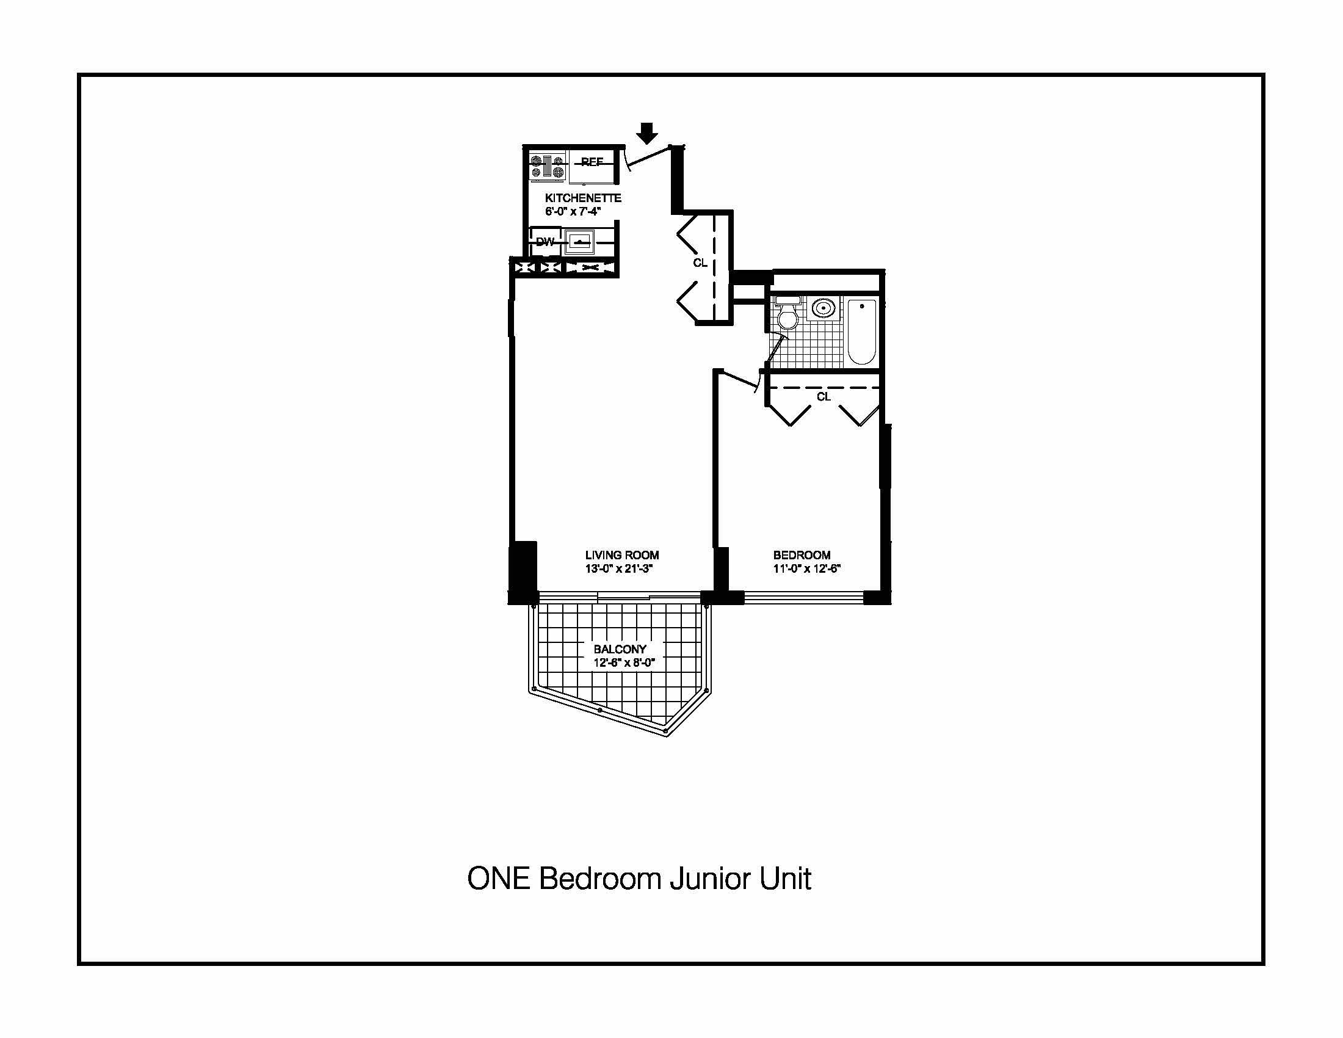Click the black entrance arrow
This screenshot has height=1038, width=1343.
click(646, 132)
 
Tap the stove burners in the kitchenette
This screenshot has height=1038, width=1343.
click(548, 167)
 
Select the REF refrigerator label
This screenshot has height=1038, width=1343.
click(592, 162)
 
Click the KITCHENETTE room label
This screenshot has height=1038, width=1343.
click(583, 198)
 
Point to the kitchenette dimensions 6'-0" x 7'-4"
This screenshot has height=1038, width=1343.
click(573, 211)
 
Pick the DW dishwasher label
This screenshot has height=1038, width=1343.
click(545, 242)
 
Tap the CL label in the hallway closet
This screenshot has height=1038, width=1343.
click(700, 263)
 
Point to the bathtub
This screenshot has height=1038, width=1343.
click(861, 331)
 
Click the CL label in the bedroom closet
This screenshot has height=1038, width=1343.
click(824, 397)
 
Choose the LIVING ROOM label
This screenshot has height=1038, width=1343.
click(622, 555)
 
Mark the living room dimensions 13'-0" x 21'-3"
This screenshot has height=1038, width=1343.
click(618, 569)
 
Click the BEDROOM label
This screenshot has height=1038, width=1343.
click(802, 555)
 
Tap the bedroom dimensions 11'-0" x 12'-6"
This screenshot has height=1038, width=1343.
click(807, 569)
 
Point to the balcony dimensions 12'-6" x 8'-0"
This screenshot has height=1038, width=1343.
click(624, 663)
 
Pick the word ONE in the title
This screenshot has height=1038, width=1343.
click(499, 879)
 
